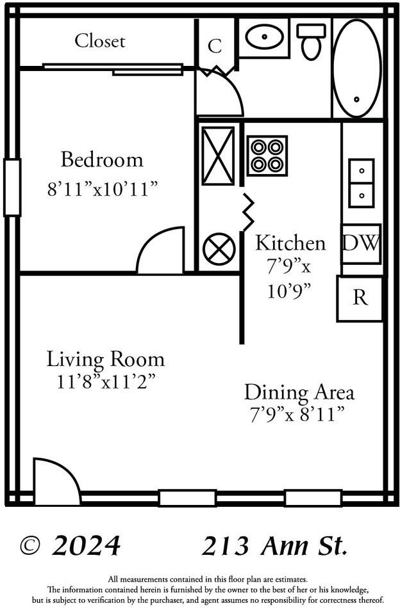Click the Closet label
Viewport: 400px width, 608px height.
(99, 41)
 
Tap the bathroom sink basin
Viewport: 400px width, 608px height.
(263, 37)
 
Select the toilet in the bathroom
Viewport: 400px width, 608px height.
(312, 42)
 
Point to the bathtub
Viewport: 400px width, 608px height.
(356, 68)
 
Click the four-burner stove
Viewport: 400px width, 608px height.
(267, 156)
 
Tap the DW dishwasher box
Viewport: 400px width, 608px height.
(361, 243)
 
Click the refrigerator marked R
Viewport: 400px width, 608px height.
(360, 298)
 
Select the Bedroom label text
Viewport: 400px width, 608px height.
(102, 159)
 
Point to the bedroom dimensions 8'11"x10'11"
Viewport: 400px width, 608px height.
(102, 189)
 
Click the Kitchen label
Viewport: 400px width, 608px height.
(290, 243)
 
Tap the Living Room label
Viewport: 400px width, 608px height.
(105, 359)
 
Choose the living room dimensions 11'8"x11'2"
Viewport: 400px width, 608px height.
(105, 382)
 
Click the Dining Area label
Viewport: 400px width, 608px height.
(299, 392)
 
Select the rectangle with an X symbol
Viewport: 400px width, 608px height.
(218, 156)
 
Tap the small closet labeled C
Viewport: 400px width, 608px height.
(215, 46)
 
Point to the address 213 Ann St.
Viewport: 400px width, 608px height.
(274, 546)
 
